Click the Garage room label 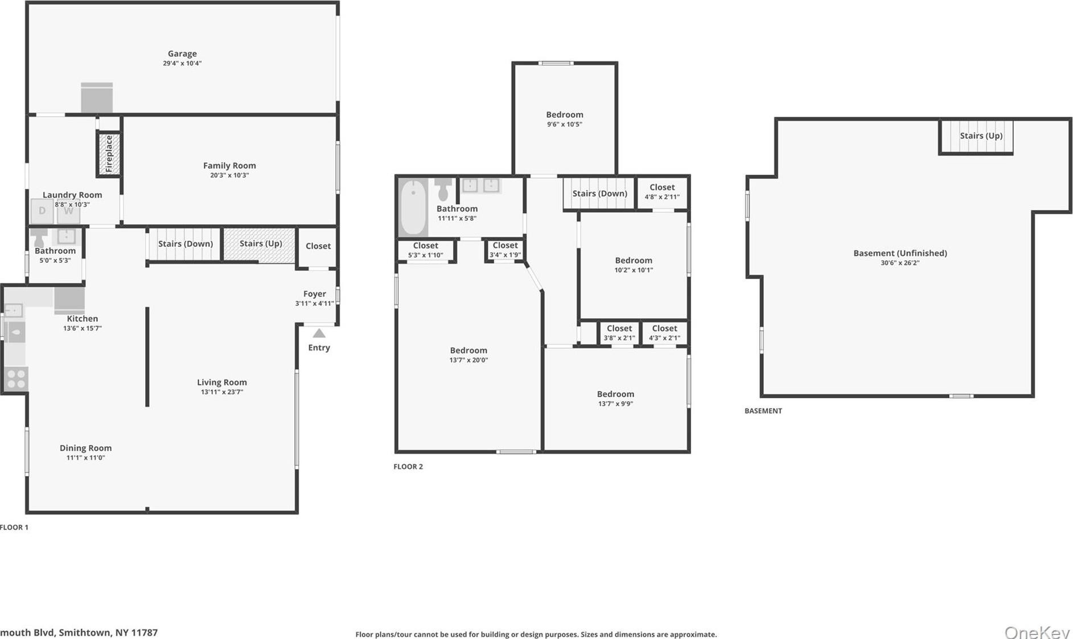[182, 53]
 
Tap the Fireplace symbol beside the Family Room [109, 154]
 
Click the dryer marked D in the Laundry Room [42, 211]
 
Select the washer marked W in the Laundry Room [68, 211]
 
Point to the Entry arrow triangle [319, 333]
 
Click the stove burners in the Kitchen [16, 379]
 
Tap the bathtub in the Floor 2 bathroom [413, 208]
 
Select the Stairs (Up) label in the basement [981, 135]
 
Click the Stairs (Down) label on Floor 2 [599, 193]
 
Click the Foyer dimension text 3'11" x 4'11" [314, 303]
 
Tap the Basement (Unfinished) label [900, 253]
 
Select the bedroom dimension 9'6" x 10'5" [564, 124]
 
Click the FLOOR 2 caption [408, 467]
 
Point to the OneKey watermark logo [1037, 632]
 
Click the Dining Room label [85, 448]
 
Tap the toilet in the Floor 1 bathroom [39, 237]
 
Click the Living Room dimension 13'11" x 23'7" [221, 392]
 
